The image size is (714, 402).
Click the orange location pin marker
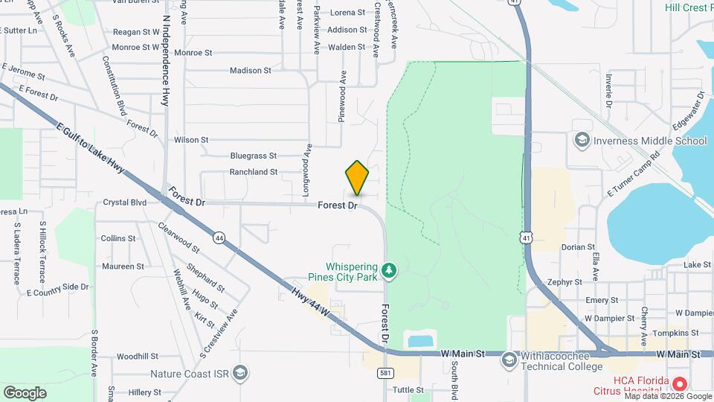click(x=358, y=179)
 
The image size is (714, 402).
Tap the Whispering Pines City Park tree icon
click(x=387, y=269)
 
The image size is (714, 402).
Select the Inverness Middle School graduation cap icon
click(x=582, y=140)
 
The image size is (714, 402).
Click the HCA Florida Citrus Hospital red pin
click(x=678, y=384)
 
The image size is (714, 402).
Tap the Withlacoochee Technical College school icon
click(x=509, y=360)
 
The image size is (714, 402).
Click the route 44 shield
click(x=219, y=237)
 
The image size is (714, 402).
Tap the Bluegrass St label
click(x=253, y=156)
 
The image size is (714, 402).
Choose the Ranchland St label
click(x=253, y=172)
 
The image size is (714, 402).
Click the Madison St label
click(x=250, y=71)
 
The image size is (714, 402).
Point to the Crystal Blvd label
click(x=124, y=202)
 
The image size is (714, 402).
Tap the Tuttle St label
click(x=408, y=389)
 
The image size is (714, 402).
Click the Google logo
click(x=25, y=392)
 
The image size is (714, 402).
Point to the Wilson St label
click(x=191, y=139)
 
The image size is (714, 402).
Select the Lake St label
click(x=698, y=265)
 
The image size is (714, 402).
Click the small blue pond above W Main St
click(x=421, y=342)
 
